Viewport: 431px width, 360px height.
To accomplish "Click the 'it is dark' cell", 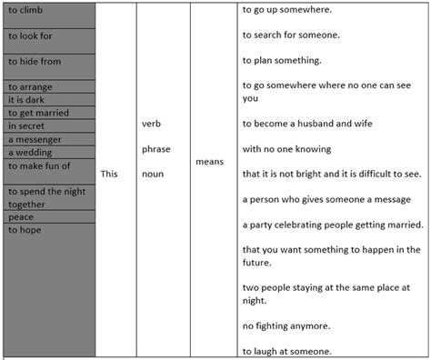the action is [27, 99].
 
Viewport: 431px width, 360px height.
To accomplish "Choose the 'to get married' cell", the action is [37, 113].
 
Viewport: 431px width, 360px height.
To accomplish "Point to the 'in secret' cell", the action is [28, 126].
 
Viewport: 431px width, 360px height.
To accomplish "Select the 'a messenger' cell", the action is [35, 139].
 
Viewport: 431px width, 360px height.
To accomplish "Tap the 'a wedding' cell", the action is [32, 153].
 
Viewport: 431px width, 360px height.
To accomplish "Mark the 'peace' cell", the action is [22, 217].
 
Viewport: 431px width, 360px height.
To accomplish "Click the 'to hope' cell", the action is [25, 231].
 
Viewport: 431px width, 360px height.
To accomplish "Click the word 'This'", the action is [108, 173].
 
